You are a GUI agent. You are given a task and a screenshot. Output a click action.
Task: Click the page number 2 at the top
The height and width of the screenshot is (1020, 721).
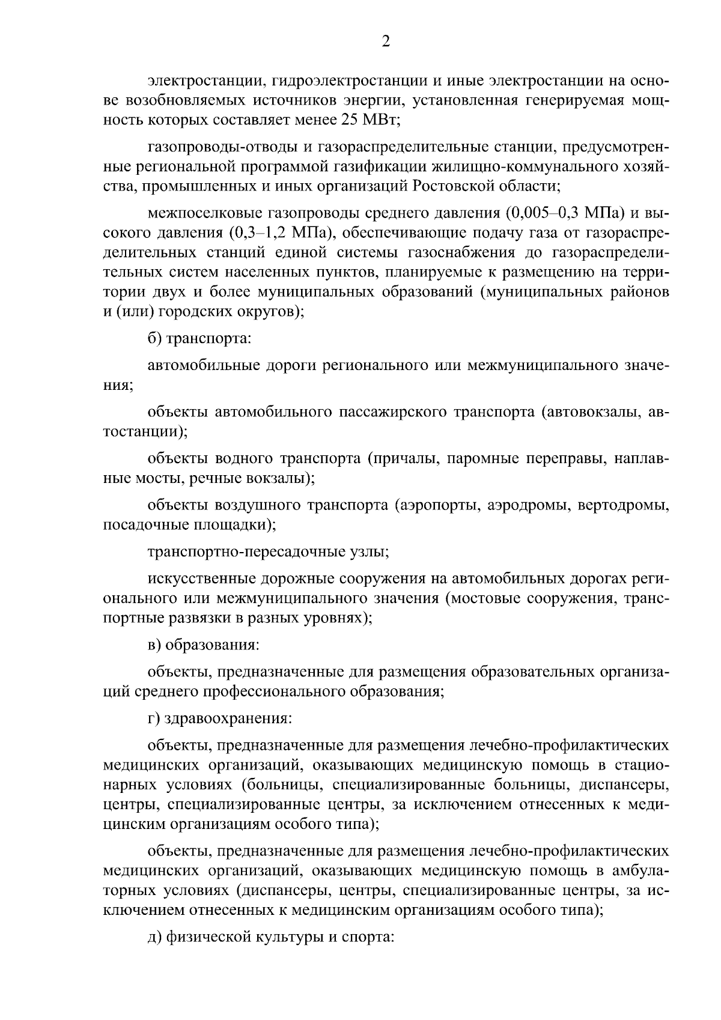point(386,41)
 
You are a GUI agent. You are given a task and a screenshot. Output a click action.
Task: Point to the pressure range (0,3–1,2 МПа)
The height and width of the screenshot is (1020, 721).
point(274,232)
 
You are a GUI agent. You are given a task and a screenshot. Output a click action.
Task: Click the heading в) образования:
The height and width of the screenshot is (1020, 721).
point(203,645)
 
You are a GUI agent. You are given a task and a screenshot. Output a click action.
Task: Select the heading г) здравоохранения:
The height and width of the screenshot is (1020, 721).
point(219,717)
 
